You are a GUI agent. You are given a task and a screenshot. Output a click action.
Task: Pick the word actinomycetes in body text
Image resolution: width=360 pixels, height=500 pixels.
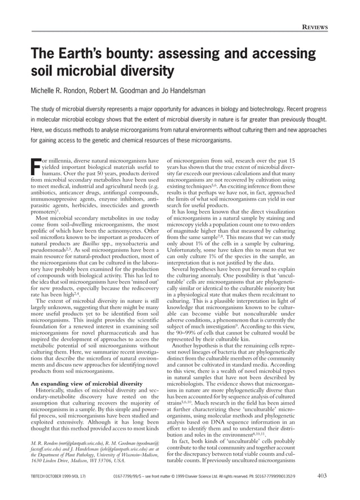pos(119,233)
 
